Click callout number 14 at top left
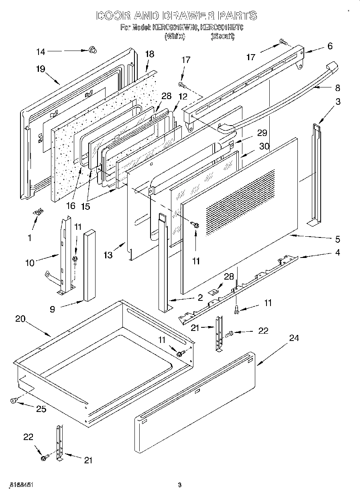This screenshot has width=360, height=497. click(x=41, y=51)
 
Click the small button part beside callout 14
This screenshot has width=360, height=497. click(x=93, y=50)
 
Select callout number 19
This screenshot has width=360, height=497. click(x=40, y=68)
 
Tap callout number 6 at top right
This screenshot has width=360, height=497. click(x=330, y=46)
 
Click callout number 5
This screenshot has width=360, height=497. click(x=338, y=239)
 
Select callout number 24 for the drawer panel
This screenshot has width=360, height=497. click(x=294, y=338)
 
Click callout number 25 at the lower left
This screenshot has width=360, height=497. click(x=41, y=409)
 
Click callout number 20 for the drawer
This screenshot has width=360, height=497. click(x=20, y=319)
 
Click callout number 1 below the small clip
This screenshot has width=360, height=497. click(x=29, y=238)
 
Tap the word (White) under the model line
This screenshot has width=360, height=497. click(x=175, y=36)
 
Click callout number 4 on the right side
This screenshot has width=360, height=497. click(x=338, y=253)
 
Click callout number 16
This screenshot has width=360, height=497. click(x=71, y=206)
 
